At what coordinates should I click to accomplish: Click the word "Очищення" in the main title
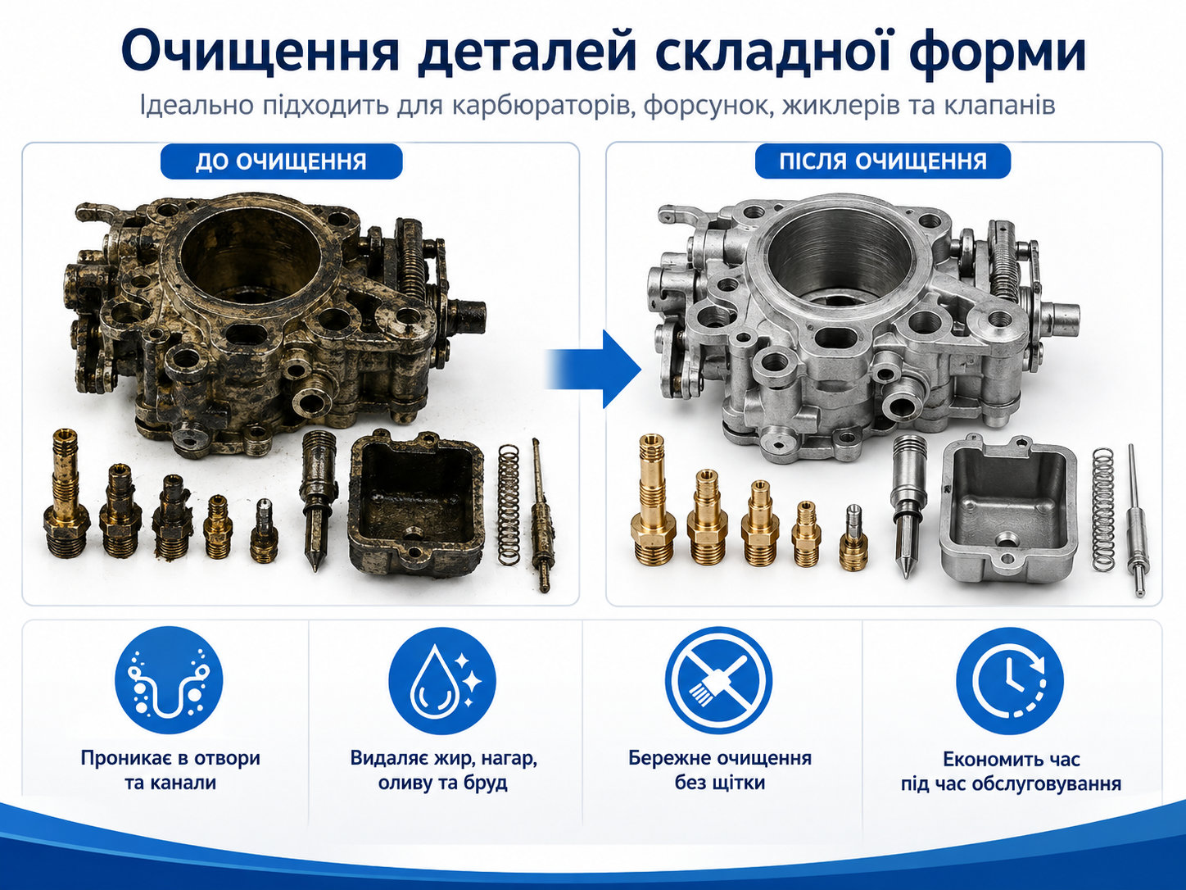260,52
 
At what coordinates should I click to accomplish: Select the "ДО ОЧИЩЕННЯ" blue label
282,161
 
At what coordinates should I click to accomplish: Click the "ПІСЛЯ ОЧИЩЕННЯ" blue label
883,161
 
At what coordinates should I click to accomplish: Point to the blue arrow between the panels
593,369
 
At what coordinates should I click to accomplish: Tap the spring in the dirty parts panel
508,506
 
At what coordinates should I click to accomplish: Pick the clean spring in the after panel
1102,509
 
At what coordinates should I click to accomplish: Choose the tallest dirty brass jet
66,493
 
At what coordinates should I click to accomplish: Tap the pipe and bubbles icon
169,680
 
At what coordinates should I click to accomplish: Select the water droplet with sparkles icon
442,680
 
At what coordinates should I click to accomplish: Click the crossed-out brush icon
718,680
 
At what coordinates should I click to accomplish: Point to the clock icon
1009,680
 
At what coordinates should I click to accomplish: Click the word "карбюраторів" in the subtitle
542,106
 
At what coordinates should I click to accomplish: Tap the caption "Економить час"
1012,759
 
